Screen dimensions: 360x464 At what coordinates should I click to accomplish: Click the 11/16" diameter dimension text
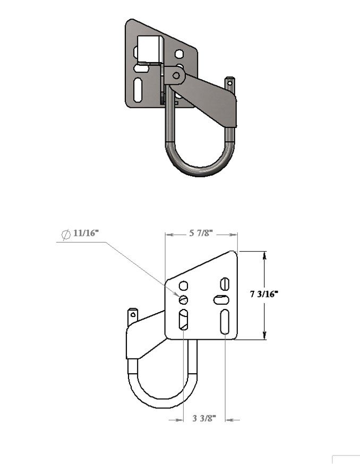[x=86, y=233]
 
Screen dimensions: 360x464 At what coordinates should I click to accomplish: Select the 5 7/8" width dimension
[x=201, y=233]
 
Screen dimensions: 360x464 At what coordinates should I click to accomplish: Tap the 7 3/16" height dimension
[x=264, y=294]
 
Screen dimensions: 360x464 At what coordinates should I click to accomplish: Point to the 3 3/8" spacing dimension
[x=204, y=418]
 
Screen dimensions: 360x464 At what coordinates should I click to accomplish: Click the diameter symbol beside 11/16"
[x=66, y=234]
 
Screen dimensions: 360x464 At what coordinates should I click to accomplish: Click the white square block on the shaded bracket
[x=150, y=49]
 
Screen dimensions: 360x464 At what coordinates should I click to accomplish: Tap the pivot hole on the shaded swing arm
[x=176, y=75]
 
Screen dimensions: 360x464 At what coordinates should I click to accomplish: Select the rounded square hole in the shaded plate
[x=179, y=54]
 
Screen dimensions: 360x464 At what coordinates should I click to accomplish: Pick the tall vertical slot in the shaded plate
[x=138, y=90]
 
